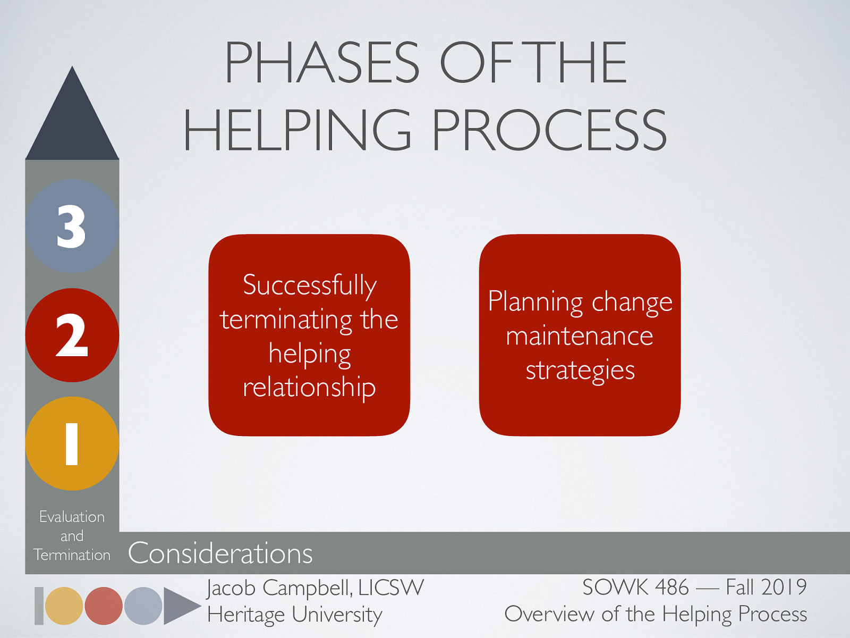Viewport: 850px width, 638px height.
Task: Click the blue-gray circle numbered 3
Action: pos(72,226)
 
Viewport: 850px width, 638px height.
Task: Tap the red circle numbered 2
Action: pos(72,335)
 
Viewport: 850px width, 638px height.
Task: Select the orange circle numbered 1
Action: pos(72,443)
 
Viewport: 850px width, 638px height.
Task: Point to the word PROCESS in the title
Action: pos(549,130)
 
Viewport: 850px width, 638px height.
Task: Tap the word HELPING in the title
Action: pos(297,130)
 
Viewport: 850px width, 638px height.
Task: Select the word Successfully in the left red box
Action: pos(310,286)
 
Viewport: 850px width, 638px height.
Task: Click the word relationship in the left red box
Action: pos(309,387)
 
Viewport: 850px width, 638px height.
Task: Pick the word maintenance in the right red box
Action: pos(579,336)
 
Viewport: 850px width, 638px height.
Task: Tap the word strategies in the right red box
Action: pos(580,370)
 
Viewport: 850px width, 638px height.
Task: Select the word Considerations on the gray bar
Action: pos(220,553)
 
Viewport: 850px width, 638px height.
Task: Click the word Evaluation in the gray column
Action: pos(72,517)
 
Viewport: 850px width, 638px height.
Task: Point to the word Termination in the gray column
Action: pos(72,555)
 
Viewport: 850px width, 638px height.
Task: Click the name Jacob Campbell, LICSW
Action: pos(315,588)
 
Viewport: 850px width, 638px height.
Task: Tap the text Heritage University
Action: pos(295,615)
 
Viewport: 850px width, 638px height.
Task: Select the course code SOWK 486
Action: pos(635,587)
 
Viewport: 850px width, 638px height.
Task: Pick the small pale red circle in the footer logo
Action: pos(104,606)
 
